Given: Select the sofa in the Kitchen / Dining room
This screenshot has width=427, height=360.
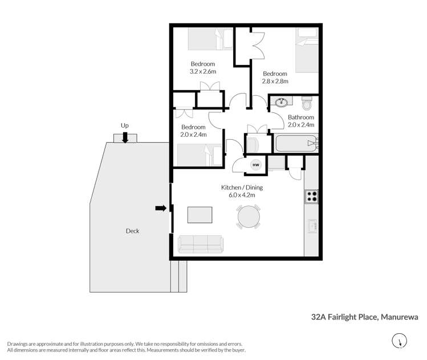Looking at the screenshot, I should [201, 244].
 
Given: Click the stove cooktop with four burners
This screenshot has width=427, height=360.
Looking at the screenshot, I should [312, 196].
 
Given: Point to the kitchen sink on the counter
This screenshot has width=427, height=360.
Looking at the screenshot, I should [312, 226].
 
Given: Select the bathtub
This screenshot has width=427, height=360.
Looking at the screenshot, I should [295, 143].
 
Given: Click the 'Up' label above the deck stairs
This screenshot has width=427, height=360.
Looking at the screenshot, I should [124, 124].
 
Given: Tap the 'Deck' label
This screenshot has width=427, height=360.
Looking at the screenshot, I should [132, 231].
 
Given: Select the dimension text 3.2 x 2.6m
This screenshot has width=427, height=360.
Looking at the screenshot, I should [202, 71].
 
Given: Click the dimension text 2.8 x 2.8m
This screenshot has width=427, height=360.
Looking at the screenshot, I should [275, 81].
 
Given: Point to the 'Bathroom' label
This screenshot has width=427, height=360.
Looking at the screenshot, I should [301, 117].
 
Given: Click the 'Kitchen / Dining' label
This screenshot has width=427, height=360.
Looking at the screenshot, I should [242, 187].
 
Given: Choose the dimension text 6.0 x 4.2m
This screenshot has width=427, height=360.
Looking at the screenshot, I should [242, 195].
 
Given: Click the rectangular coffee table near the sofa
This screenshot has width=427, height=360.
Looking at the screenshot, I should [201, 215].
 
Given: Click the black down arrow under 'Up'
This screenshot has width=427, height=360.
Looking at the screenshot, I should [125, 137].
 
